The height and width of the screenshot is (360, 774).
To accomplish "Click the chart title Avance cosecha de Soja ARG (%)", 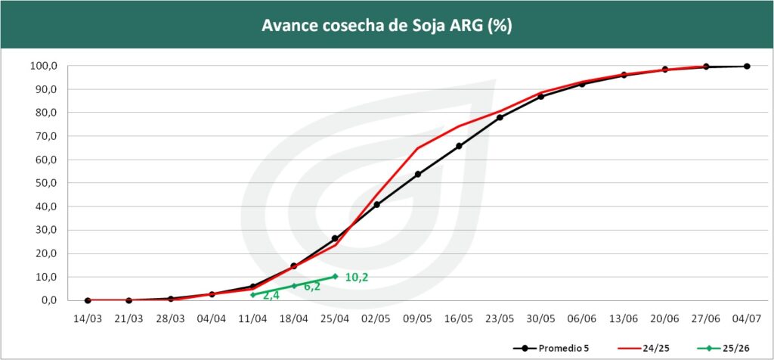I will pos(387,25).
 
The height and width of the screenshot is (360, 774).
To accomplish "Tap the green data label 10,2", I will pos(357,278).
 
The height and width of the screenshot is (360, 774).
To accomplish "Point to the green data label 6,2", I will pos(312,287).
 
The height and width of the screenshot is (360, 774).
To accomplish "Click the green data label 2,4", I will pos(271,296).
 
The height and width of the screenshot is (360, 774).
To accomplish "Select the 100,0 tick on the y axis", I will pos(43,66).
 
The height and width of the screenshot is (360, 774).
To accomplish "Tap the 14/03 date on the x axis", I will pos(87,318).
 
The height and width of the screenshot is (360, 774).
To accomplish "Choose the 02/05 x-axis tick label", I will pos(376,318).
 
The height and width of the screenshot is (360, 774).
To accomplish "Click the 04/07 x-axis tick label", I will pos(747,318).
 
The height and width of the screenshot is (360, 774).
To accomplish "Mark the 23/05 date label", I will pos(500,318).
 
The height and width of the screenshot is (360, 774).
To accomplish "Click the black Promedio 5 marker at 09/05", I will pos(418,174).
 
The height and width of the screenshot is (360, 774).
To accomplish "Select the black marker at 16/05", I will pos(459,146).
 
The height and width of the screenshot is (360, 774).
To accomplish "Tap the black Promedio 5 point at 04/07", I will pos(747,66).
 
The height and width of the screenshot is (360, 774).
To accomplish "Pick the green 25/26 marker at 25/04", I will pos(335,276).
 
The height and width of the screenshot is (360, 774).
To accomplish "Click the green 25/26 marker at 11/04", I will pos(252,294).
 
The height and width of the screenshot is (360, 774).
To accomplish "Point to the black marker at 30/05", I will pos(541,97).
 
